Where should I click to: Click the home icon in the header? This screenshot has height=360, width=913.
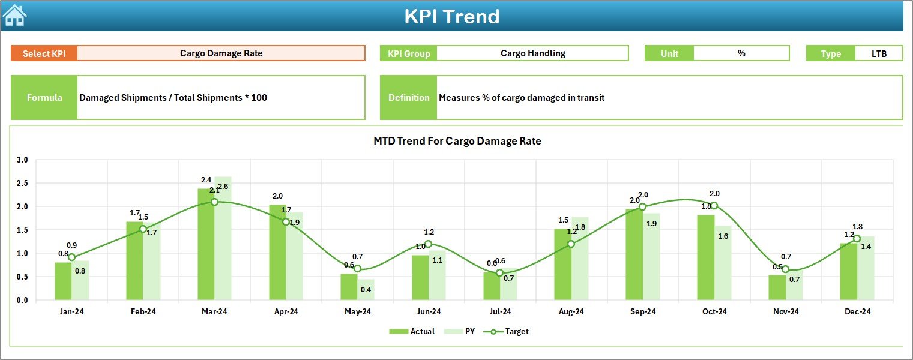14,16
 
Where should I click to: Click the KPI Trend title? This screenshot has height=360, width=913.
451,16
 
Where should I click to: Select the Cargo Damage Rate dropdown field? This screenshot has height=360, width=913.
221,53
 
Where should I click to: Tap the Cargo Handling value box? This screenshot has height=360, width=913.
532,53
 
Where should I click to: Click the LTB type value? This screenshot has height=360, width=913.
879,53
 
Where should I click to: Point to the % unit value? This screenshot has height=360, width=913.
741,53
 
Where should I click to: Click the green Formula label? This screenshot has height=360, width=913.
44,98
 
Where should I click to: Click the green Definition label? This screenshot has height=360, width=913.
409,98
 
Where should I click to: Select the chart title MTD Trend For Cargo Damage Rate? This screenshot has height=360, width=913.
457,142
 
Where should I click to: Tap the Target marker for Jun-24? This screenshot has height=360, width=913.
428,244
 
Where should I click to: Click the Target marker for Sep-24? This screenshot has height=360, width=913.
642,207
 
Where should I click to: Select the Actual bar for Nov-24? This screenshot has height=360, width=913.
777,287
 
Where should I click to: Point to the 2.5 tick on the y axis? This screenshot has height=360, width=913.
22,184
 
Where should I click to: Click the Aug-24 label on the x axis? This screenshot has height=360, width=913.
571,312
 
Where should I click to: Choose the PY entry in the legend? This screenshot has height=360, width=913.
464,331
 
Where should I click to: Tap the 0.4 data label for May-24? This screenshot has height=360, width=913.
366,290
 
